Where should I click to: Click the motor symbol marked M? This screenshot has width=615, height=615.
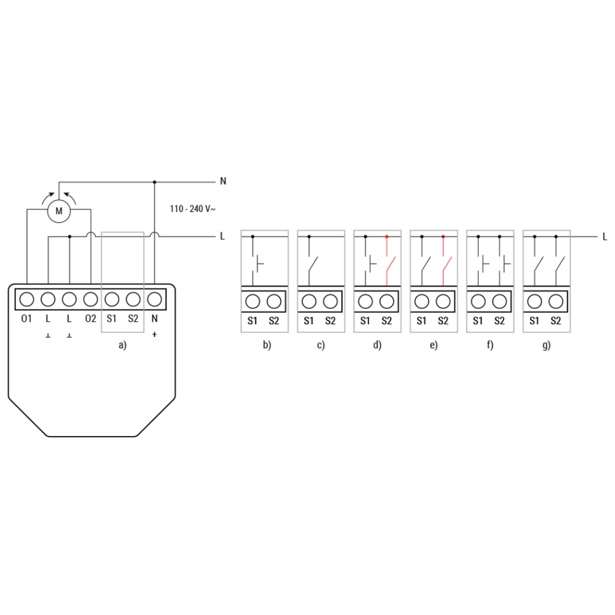pos(59,211)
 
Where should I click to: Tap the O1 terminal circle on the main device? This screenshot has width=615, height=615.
pos(26,300)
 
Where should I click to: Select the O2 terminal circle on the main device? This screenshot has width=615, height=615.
pos(90,300)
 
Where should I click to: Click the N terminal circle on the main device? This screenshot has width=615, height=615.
pos(154,300)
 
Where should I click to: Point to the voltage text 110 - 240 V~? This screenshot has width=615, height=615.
pos(192,208)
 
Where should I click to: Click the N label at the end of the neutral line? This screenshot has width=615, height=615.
pos(223,181)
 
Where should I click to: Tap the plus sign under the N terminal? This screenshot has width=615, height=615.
pos(154,335)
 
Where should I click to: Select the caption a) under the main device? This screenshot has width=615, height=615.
pos(123,345)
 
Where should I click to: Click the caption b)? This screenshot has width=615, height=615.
pos(267,345)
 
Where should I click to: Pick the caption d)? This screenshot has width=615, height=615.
pos(378,345)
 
